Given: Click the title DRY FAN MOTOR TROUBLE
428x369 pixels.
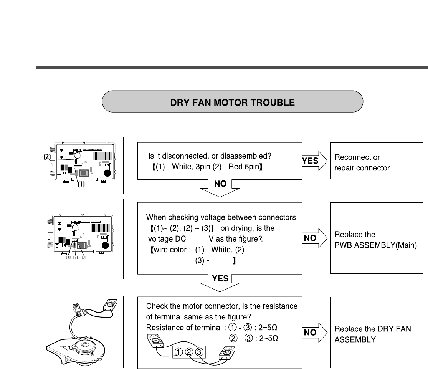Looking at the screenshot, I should point(232,102).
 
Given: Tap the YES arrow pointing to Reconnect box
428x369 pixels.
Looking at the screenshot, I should point(313,161).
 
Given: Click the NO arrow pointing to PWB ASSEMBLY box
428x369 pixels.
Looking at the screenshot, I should point(313,238).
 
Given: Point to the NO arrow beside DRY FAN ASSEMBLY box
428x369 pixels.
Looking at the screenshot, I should point(313,333).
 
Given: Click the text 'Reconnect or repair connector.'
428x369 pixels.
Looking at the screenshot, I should point(363,163).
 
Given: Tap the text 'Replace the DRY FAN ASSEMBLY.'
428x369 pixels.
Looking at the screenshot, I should point(373,334).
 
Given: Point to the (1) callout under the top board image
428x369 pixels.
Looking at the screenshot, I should point(81,185).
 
